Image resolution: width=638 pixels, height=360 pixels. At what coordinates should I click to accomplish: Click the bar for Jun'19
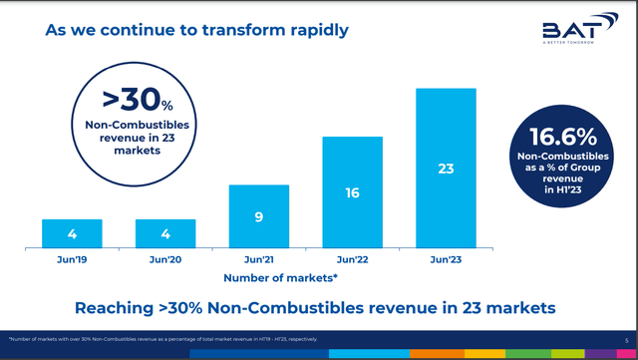click(x=72, y=233)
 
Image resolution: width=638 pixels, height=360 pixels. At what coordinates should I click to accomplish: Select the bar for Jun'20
click(x=165, y=233)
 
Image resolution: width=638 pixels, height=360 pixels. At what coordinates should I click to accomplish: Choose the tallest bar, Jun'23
click(x=446, y=168)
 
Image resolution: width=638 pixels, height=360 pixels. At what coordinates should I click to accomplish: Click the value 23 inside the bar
click(x=446, y=170)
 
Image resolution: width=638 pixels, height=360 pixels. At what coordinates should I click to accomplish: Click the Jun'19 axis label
click(x=72, y=257)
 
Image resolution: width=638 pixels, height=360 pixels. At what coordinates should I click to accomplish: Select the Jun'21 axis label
click(x=259, y=257)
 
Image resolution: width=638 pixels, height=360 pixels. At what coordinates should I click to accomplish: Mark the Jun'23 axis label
click(x=446, y=257)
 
